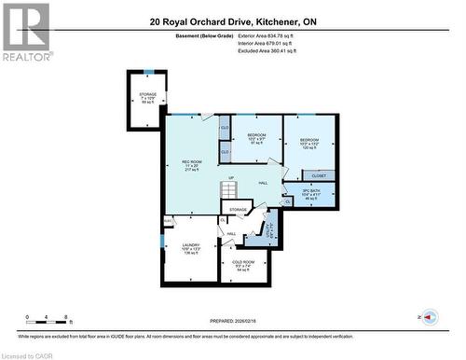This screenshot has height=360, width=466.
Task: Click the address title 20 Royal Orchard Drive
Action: pos(232,20)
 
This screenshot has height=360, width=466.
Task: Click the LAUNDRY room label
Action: pos(190,247)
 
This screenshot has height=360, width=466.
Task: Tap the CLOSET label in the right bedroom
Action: pos(319,174)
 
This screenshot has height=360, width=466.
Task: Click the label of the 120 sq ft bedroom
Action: pos(309,145)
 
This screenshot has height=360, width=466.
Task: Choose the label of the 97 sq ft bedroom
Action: pos(257,140)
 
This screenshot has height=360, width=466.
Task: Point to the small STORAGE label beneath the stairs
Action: pos(239,210)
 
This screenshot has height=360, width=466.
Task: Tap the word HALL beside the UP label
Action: pos(263,183)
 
